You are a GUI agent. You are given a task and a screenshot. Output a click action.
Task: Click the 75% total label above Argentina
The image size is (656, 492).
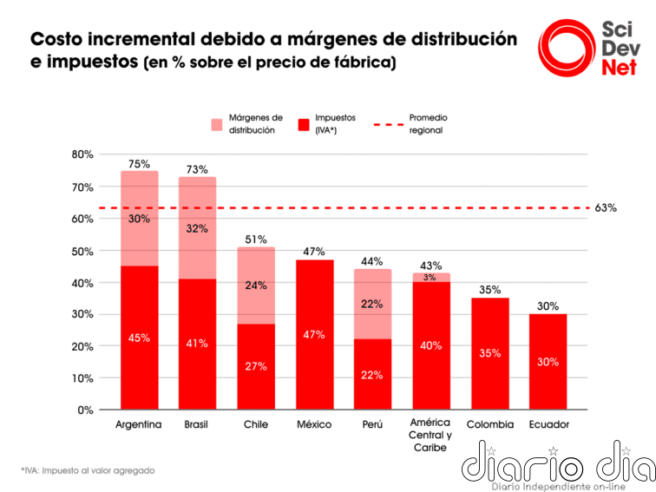(x=139, y=163)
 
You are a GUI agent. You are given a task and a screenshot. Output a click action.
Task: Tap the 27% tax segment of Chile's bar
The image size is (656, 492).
(x=256, y=366)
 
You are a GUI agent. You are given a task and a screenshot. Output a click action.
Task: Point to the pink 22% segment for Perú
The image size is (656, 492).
(x=372, y=304)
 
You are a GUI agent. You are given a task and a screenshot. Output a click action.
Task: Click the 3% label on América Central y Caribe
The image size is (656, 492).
(x=430, y=278)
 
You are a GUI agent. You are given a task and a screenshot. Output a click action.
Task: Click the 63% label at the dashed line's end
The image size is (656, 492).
(x=606, y=208)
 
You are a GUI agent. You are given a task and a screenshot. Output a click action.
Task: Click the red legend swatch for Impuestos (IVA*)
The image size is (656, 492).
(x=303, y=124)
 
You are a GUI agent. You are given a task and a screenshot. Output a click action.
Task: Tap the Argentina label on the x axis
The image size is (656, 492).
(x=139, y=424)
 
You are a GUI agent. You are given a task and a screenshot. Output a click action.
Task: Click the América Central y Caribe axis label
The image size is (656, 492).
(x=430, y=435)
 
